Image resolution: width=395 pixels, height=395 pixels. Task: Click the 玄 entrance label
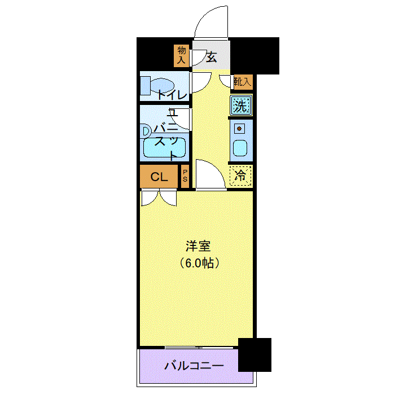coord(212,57)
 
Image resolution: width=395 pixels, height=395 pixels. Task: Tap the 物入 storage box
coord(181,56)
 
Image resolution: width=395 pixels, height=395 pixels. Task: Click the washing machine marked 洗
coord(241,105)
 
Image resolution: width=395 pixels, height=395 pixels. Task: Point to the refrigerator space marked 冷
coord(240,175)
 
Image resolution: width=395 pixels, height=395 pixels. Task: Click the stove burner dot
coord(239,129)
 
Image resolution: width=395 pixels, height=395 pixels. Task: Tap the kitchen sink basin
coord(240,148)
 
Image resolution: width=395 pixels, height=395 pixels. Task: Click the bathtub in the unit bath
coord(165,148)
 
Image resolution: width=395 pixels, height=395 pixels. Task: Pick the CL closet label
coord(159,177)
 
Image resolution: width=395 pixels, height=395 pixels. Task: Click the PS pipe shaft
coord(185,176)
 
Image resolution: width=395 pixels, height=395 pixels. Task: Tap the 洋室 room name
coord(198,246)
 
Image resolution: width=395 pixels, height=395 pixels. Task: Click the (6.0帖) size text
coord(199,263)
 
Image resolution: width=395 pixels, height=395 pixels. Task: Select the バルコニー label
coord(194,366)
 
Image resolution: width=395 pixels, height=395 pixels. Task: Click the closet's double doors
coord(159,197)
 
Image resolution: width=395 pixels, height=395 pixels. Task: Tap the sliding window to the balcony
coord(199,348)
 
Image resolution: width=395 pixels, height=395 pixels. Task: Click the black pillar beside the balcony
coord(254,355)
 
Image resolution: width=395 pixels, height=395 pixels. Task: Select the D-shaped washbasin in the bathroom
coord(146,131)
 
